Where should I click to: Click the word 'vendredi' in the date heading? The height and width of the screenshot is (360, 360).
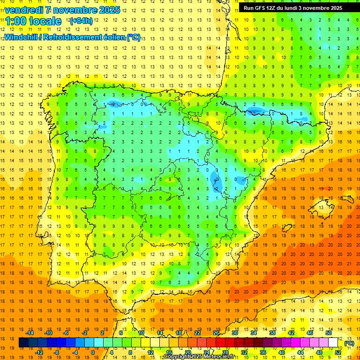pos(25,10)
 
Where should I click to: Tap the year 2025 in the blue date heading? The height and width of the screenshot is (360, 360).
pos(109,10)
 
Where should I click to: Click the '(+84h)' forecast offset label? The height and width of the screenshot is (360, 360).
pos(81,21)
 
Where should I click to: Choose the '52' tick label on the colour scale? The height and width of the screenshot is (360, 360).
pos(337,352)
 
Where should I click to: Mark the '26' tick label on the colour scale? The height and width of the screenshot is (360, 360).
pos(216,333)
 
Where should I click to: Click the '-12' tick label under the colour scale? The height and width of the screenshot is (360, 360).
pos(39,352)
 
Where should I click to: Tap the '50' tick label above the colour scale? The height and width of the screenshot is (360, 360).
pos(328,333)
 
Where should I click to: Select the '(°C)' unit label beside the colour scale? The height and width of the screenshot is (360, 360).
pos(349,343)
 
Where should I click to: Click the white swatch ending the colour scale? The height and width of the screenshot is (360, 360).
pos(333,343)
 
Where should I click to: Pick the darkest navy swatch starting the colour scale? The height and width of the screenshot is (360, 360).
pos(23,343)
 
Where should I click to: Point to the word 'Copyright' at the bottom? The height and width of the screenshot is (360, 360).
pos(177,357)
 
